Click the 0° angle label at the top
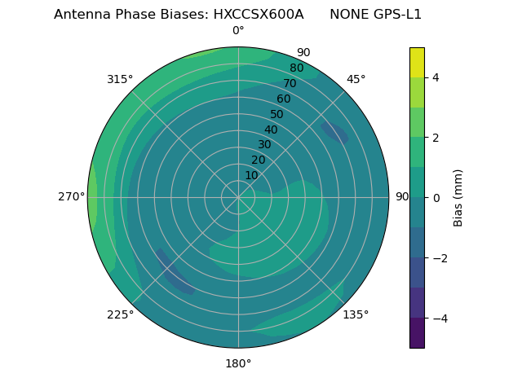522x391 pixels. coord(238,31)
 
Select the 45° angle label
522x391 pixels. coord(356,79)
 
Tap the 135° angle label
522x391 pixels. coord(356,314)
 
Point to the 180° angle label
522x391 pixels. coord(238,363)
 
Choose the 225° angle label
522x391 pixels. coord(120,314)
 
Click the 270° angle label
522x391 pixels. coord(71,196)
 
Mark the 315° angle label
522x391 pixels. coord(120,79)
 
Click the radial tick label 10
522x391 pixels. coord(251,175)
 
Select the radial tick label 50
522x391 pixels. coord(276,115)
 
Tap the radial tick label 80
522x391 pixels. coord(296,68)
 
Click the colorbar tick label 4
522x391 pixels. coord(436,77)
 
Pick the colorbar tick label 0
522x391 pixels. coord(436,198)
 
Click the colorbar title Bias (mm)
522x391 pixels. coord(458,197)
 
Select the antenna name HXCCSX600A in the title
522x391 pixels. coord(260,15)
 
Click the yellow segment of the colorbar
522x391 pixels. coord(417,62)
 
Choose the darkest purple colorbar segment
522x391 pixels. coord(417,333)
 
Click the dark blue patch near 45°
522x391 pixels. coord(335,133)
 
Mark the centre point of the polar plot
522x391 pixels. coord(238,197)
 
